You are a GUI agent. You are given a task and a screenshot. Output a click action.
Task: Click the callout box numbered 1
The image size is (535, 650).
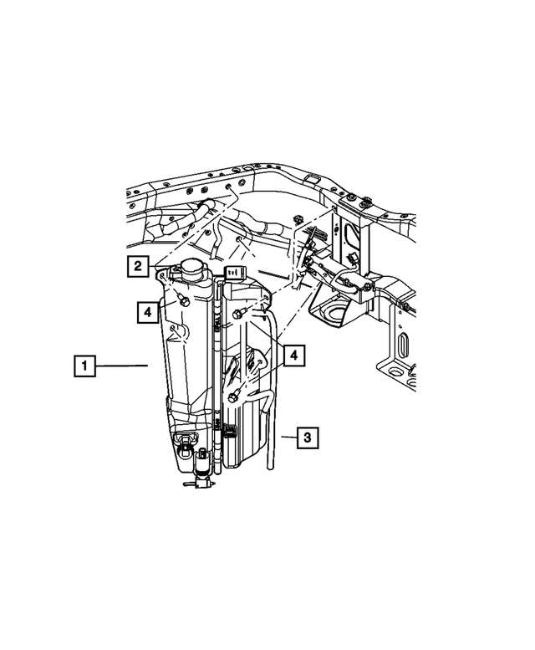click(x=84, y=366)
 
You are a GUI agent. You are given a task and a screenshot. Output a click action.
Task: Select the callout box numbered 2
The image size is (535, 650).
click(x=139, y=267)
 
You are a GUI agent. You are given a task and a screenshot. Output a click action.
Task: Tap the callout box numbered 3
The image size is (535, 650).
click(x=307, y=437)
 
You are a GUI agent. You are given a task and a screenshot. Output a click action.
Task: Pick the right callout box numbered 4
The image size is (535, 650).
click(x=292, y=356)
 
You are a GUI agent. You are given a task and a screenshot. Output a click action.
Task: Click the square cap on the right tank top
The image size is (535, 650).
click(x=234, y=272)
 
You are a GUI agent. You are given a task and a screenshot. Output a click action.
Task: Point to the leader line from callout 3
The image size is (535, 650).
click(x=284, y=437)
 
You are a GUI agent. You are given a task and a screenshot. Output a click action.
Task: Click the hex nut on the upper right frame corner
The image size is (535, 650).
click(x=367, y=202)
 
